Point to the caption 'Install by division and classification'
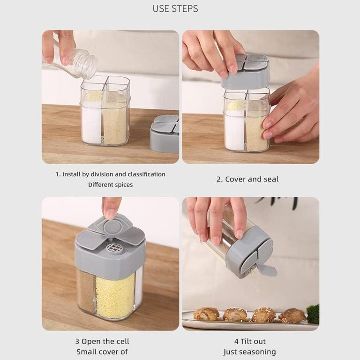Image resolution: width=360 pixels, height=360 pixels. (110, 174)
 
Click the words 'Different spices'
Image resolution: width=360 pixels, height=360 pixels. (110, 185)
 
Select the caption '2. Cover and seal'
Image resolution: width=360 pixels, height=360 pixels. (247, 179)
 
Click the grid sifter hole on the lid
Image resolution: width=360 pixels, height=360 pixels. (114, 247)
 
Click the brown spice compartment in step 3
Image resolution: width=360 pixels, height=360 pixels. (86, 291)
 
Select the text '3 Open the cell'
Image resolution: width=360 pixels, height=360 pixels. (102, 341)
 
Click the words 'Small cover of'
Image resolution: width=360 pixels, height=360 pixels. (102, 352)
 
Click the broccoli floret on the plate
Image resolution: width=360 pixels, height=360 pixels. (313, 314)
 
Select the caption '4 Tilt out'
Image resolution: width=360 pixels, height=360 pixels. (250, 341)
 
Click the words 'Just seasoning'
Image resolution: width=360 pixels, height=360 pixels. (249, 352)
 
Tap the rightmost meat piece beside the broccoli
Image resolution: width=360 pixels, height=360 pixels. (292, 315)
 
